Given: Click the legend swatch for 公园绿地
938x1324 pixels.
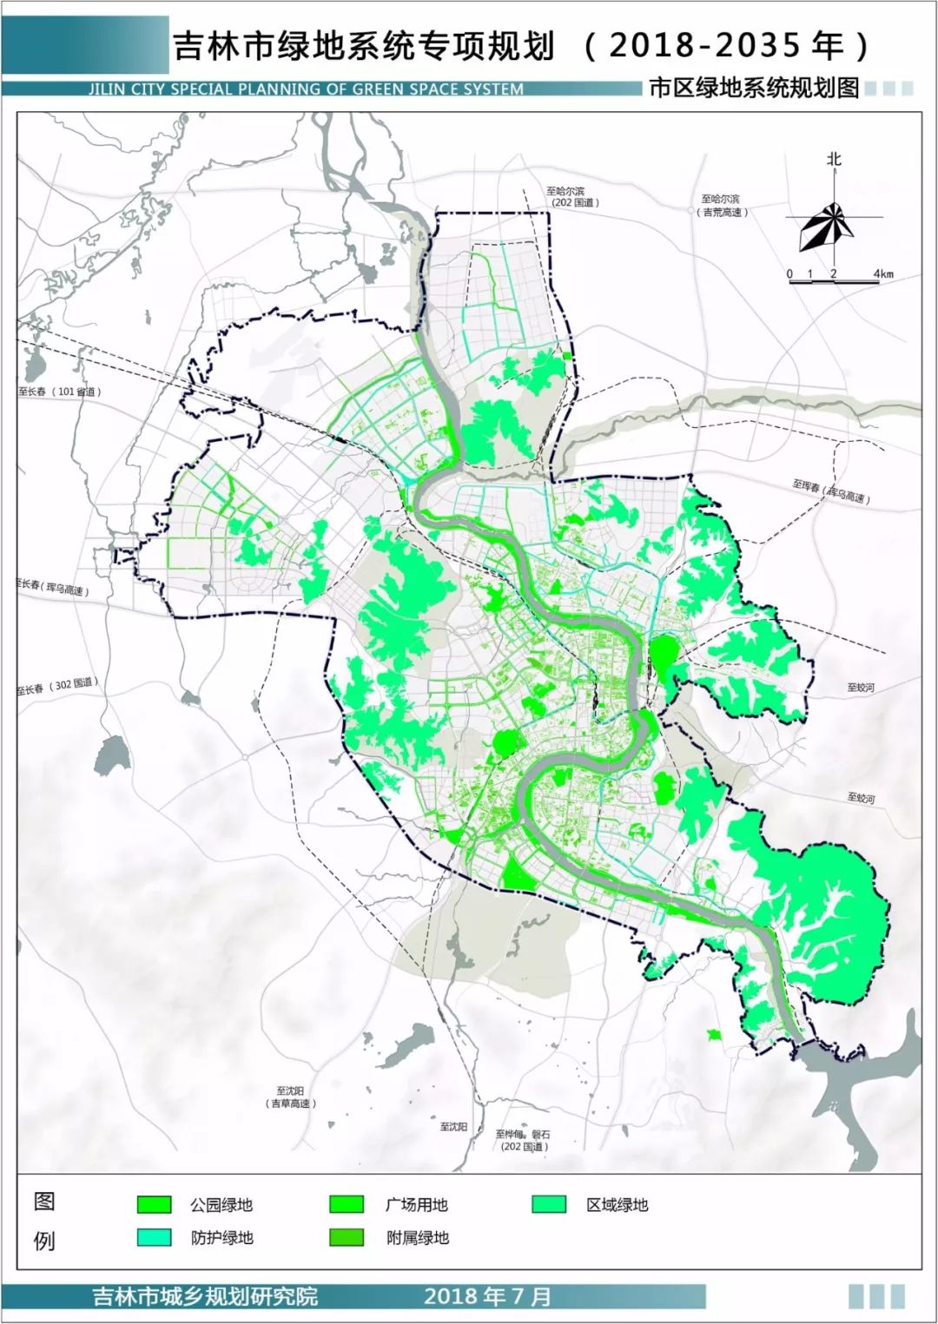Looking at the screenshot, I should pyautogui.click(x=154, y=1204).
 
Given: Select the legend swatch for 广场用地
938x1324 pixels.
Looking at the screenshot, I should pyautogui.click(x=347, y=1204).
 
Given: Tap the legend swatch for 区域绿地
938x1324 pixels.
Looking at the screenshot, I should pyautogui.click(x=549, y=1204).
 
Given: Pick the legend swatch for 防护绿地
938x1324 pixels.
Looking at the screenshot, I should pyautogui.click(x=154, y=1238).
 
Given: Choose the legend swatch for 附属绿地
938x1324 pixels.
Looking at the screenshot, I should pyautogui.click(x=347, y=1238).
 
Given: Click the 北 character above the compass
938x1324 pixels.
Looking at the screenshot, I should pyautogui.click(x=834, y=160).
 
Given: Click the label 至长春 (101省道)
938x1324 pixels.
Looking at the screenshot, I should pyautogui.click(x=60, y=392).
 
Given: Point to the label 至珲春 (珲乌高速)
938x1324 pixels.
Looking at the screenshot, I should pyautogui.click(x=831, y=491).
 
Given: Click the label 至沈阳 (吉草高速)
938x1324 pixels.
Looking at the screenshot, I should pyautogui.click(x=291, y=1097).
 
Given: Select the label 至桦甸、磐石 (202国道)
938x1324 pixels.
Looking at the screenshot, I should pyautogui.click(x=523, y=1140).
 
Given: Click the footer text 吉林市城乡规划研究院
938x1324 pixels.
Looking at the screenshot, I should pyautogui.click(x=205, y=1296).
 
